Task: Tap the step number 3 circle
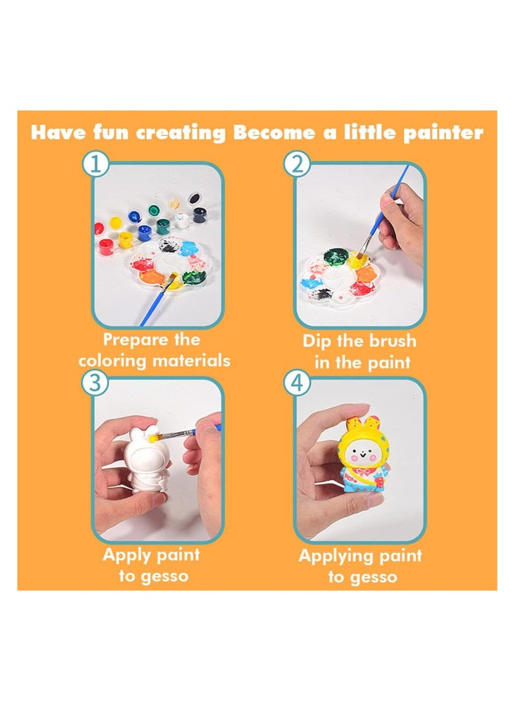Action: pyautogui.click(x=95, y=382)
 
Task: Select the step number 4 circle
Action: pyautogui.click(x=297, y=382)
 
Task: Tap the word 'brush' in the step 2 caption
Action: pyautogui.click(x=391, y=341)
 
